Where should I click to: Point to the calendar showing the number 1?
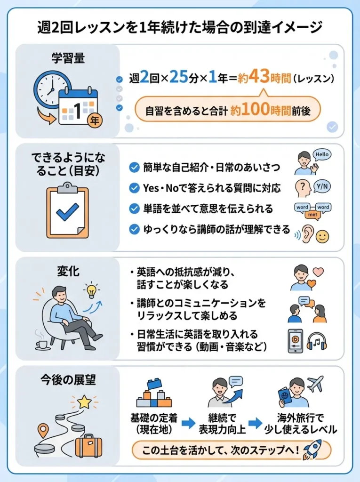click(x=78, y=108)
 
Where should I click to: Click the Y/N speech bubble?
click(x=322, y=186)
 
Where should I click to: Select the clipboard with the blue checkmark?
click(x=67, y=211)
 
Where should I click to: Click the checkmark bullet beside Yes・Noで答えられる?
click(x=134, y=188)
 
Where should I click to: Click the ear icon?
click(x=307, y=234)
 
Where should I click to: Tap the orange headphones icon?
click(x=316, y=341)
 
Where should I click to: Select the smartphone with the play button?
click(x=295, y=340)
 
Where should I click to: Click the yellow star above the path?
click(x=84, y=401)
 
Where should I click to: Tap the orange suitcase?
click(x=88, y=445)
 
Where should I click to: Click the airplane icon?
click(x=315, y=384)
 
